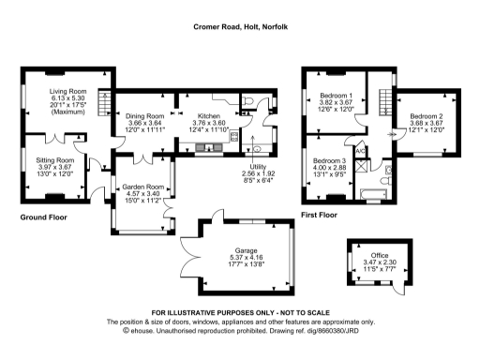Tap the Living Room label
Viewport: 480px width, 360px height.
pyautogui.click(x=67, y=92)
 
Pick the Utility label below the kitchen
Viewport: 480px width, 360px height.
pyautogui.click(x=257, y=166)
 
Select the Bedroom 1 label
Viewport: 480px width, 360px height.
pyautogui.click(x=335, y=96)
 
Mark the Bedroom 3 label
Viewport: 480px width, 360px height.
pyautogui.click(x=330, y=161)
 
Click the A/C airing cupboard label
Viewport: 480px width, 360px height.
pyautogui.click(x=359, y=149)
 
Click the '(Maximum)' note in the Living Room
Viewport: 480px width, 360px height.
pyautogui.click(x=67, y=114)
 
